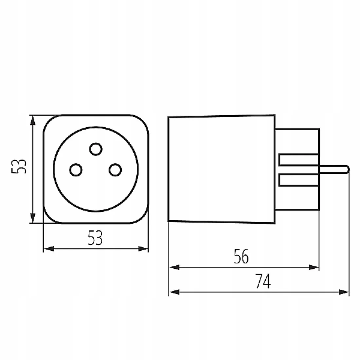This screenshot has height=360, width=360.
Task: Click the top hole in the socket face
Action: point(96,149)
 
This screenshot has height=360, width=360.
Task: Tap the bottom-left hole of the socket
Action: point(76,170)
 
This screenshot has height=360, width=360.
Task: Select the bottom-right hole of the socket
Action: point(115,170)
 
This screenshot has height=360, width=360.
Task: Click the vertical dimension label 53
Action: point(19,166)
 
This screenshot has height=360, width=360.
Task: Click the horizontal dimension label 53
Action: point(95,238)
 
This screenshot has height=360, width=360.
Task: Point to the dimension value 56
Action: point(241,256)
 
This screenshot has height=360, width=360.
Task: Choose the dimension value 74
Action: point(263,281)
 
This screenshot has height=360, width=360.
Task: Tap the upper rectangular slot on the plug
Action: point(298,160)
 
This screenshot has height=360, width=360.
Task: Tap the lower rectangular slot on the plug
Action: point(298,180)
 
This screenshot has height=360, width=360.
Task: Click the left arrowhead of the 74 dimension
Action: point(174,292)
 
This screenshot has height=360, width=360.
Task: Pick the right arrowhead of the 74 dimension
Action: point(344,292)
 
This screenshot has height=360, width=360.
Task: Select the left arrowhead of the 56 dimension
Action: point(174,267)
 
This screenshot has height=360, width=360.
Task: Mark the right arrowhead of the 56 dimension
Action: point(314,267)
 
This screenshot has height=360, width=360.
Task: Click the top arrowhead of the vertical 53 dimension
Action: point(33,120)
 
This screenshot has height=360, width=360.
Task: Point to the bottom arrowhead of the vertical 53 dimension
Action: point(33,218)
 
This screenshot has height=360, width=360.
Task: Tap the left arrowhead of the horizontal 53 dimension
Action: point(49,249)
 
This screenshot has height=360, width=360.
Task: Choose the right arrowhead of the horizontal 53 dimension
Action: point(143,249)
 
